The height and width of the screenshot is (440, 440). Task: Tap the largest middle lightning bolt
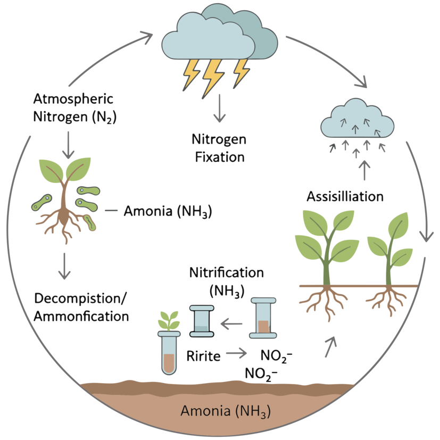pyautogui.click(x=213, y=75)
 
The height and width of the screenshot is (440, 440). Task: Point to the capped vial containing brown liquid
pyautogui.click(x=263, y=318)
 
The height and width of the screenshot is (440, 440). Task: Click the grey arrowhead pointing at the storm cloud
pyautogui.click(x=151, y=37)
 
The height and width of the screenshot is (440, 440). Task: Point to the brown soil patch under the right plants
pyautogui.click(x=362, y=301)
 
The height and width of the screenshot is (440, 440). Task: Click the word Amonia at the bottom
pyautogui.click(x=200, y=411)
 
